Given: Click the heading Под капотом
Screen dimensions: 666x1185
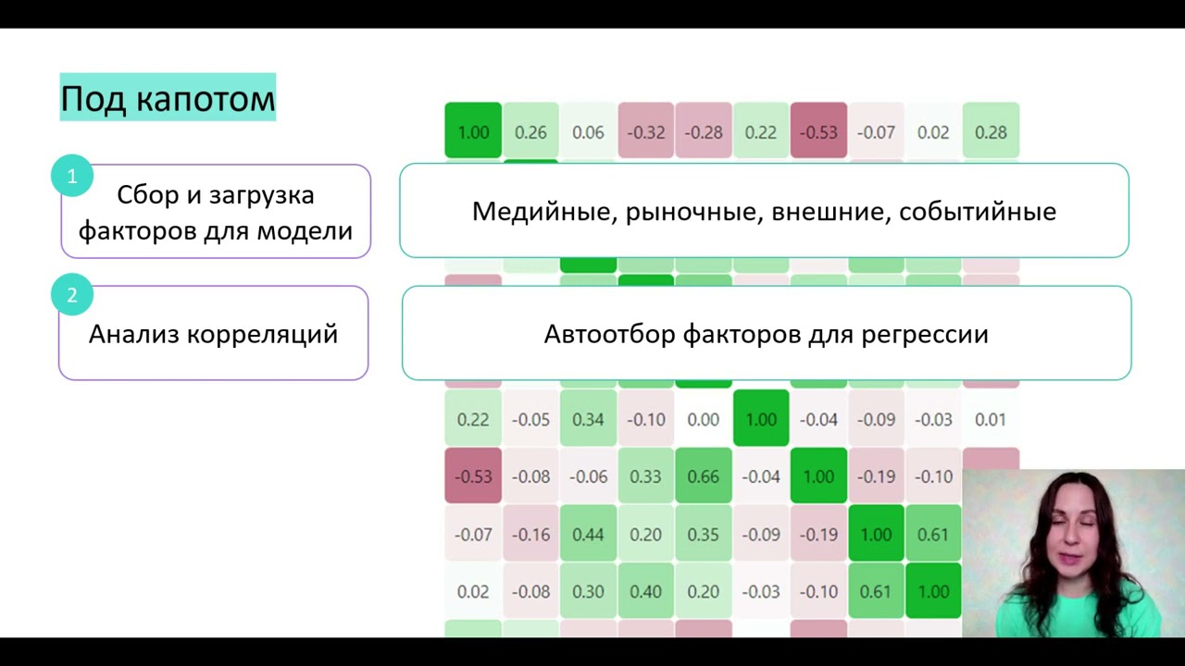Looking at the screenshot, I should coord(168,98).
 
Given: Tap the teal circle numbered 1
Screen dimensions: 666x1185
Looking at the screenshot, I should coord(72,176).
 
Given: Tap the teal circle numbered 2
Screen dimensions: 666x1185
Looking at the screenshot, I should coord(72,296).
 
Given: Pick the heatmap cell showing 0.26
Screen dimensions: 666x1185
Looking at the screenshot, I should coord(530,132).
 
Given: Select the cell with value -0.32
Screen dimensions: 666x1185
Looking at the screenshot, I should coord(645,132).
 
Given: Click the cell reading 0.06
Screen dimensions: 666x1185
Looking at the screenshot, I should coord(588,132).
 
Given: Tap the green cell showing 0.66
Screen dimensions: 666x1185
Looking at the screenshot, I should coord(703,476).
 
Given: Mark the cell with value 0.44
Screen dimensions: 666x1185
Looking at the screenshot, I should coord(588,534).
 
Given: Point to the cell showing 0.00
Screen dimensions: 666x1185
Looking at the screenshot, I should coord(703,419).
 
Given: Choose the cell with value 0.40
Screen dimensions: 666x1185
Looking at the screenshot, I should coord(645,591).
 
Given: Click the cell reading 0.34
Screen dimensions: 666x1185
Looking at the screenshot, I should coord(588,419).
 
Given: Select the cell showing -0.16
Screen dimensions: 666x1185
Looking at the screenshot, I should coord(530,534).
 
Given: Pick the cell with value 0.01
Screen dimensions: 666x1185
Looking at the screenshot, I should coord(991,419).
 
